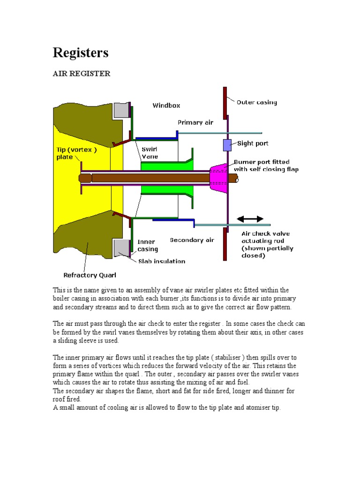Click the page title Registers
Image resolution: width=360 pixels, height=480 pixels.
pyautogui.click(x=80, y=53)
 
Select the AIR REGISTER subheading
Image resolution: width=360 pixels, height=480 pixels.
pyautogui.click(x=81, y=74)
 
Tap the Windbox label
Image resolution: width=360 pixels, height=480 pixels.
pyautogui.click(x=166, y=105)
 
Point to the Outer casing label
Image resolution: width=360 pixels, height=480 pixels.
pyautogui.click(x=256, y=102)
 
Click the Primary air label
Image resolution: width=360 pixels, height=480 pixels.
pyautogui.click(x=195, y=122)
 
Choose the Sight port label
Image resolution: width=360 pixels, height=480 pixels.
pyautogui.click(x=253, y=143)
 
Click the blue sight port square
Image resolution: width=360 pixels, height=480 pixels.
pyautogui.click(x=227, y=145)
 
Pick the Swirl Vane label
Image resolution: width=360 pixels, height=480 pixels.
pyautogui.click(x=150, y=152)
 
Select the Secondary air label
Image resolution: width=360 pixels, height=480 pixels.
pyautogui.click(x=192, y=240)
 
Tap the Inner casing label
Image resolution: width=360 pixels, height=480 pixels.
pyautogui.click(x=148, y=246)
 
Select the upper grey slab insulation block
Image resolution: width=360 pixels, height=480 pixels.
pyautogui.click(x=121, y=110)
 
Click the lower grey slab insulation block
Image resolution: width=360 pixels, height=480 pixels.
pyautogui.click(x=121, y=247)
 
